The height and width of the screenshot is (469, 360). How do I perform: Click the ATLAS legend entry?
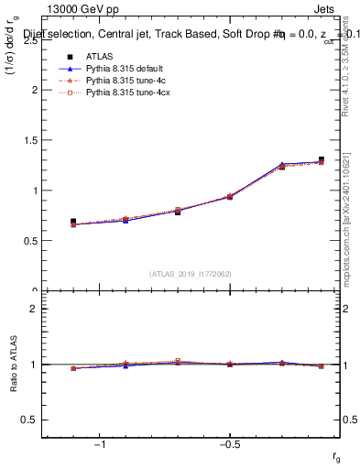[98, 56]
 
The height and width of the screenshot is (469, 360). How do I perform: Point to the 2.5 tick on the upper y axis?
[31, 40]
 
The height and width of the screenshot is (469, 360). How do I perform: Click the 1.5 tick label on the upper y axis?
[31, 141]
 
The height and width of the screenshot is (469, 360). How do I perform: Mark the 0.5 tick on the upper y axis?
[31, 241]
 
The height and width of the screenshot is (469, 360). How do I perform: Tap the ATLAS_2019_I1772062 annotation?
[191, 274]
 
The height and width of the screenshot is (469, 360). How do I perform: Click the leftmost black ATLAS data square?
[73, 222]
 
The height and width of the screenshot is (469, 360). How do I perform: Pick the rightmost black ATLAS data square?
[321, 159]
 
